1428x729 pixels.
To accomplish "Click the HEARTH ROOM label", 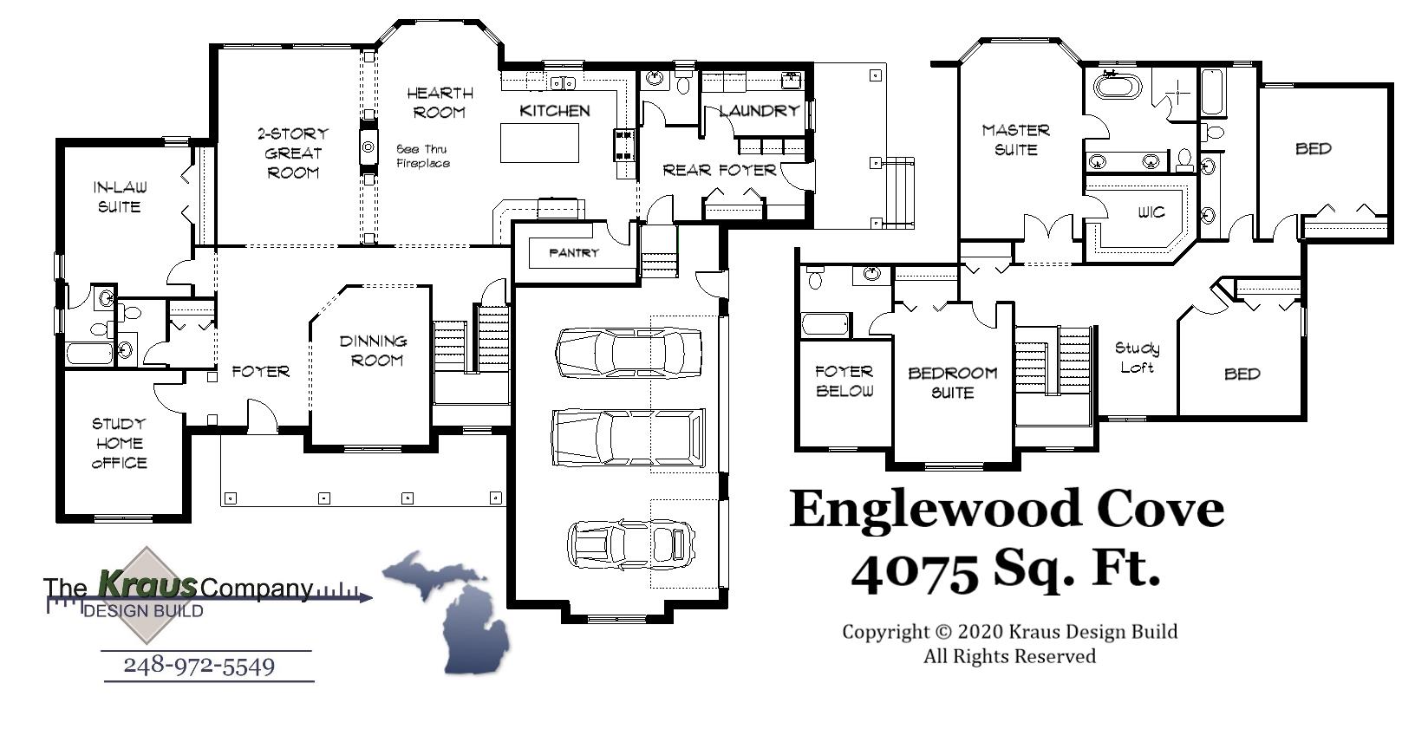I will click(x=440, y=102).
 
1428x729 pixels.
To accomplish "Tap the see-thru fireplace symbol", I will click(x=368, y=147).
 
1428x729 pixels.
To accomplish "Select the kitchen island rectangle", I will click(x=539, y=143).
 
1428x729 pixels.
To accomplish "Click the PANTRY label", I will click(x=573, y=253).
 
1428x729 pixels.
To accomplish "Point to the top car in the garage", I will click(x=628, y=353).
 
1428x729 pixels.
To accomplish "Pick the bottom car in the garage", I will click(x=631, y=543).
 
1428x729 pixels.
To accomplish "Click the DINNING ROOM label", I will click(x=373, y=350).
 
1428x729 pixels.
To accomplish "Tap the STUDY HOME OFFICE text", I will click(x=119, y=443).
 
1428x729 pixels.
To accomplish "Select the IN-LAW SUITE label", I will click(x=119, y=197).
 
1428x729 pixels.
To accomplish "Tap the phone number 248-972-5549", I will click(x=199, y=666).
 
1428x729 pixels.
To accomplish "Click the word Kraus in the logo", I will click(x=147, y=585).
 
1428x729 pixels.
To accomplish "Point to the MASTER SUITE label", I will click(x=1015, y=140).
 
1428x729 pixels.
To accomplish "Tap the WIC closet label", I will click(x=1151, y=212).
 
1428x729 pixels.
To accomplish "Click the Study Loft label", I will click(x=1137, y=357).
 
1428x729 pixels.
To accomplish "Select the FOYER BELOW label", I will click(x=844, y=381).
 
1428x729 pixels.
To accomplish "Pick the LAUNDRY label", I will click(x=759, y=111).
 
